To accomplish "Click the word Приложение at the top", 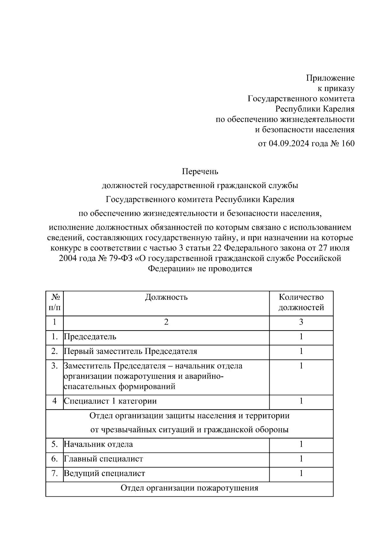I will (330, 78).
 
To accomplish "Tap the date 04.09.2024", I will (289, 144).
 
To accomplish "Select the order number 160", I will (347, 144).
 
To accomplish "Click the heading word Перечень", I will (200, 172).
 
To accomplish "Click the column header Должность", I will (166, 297).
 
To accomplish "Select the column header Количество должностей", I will (301, 302).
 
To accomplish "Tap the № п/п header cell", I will (54, 302).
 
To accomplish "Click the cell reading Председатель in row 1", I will (90, 337).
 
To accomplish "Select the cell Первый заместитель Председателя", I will (131, 351).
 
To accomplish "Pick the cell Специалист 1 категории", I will (110, 401).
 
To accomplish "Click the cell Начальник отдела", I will (98, 444).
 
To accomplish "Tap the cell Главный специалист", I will (103, 459).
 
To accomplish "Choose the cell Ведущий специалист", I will (104, 473).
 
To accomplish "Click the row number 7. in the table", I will (54, 473).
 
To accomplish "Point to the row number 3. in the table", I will (54, 366).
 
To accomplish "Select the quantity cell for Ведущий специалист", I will (301, 473).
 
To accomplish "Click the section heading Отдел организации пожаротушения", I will (189, 488).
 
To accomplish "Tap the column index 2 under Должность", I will (166, 322).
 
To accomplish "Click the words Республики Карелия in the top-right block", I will (315, 109).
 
